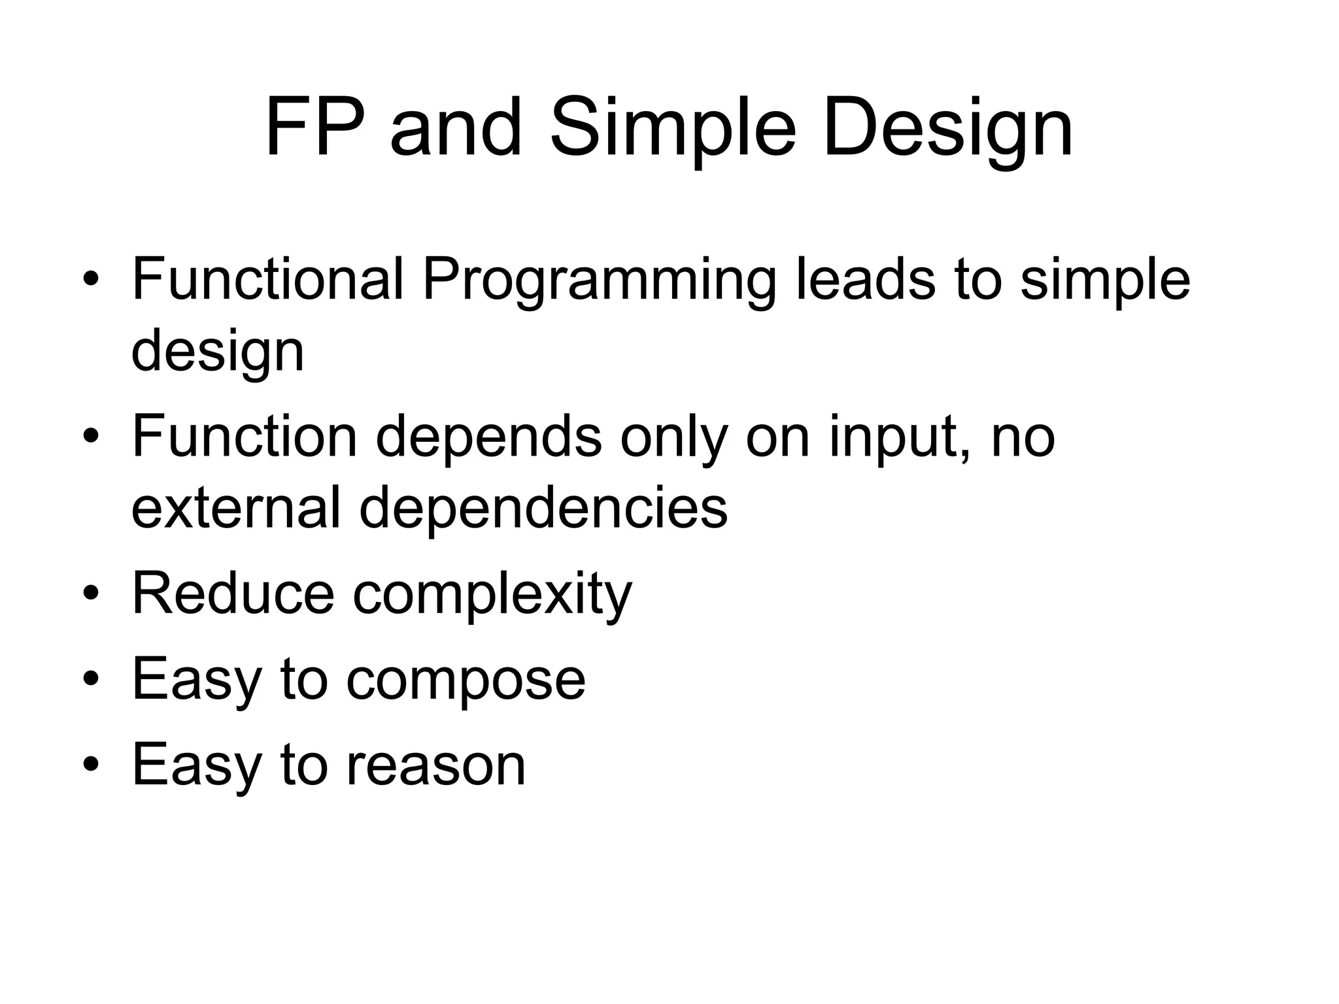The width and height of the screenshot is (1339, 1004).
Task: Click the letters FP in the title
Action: [x=314, y=127]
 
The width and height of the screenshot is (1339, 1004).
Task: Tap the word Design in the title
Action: [x=947, y=127]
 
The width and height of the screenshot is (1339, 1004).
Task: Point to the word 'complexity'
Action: [x=492, y=595]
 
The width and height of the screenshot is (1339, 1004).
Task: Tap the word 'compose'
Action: [x=466, y=680]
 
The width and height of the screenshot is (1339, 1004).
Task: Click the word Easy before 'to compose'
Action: [x=197, y=680]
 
